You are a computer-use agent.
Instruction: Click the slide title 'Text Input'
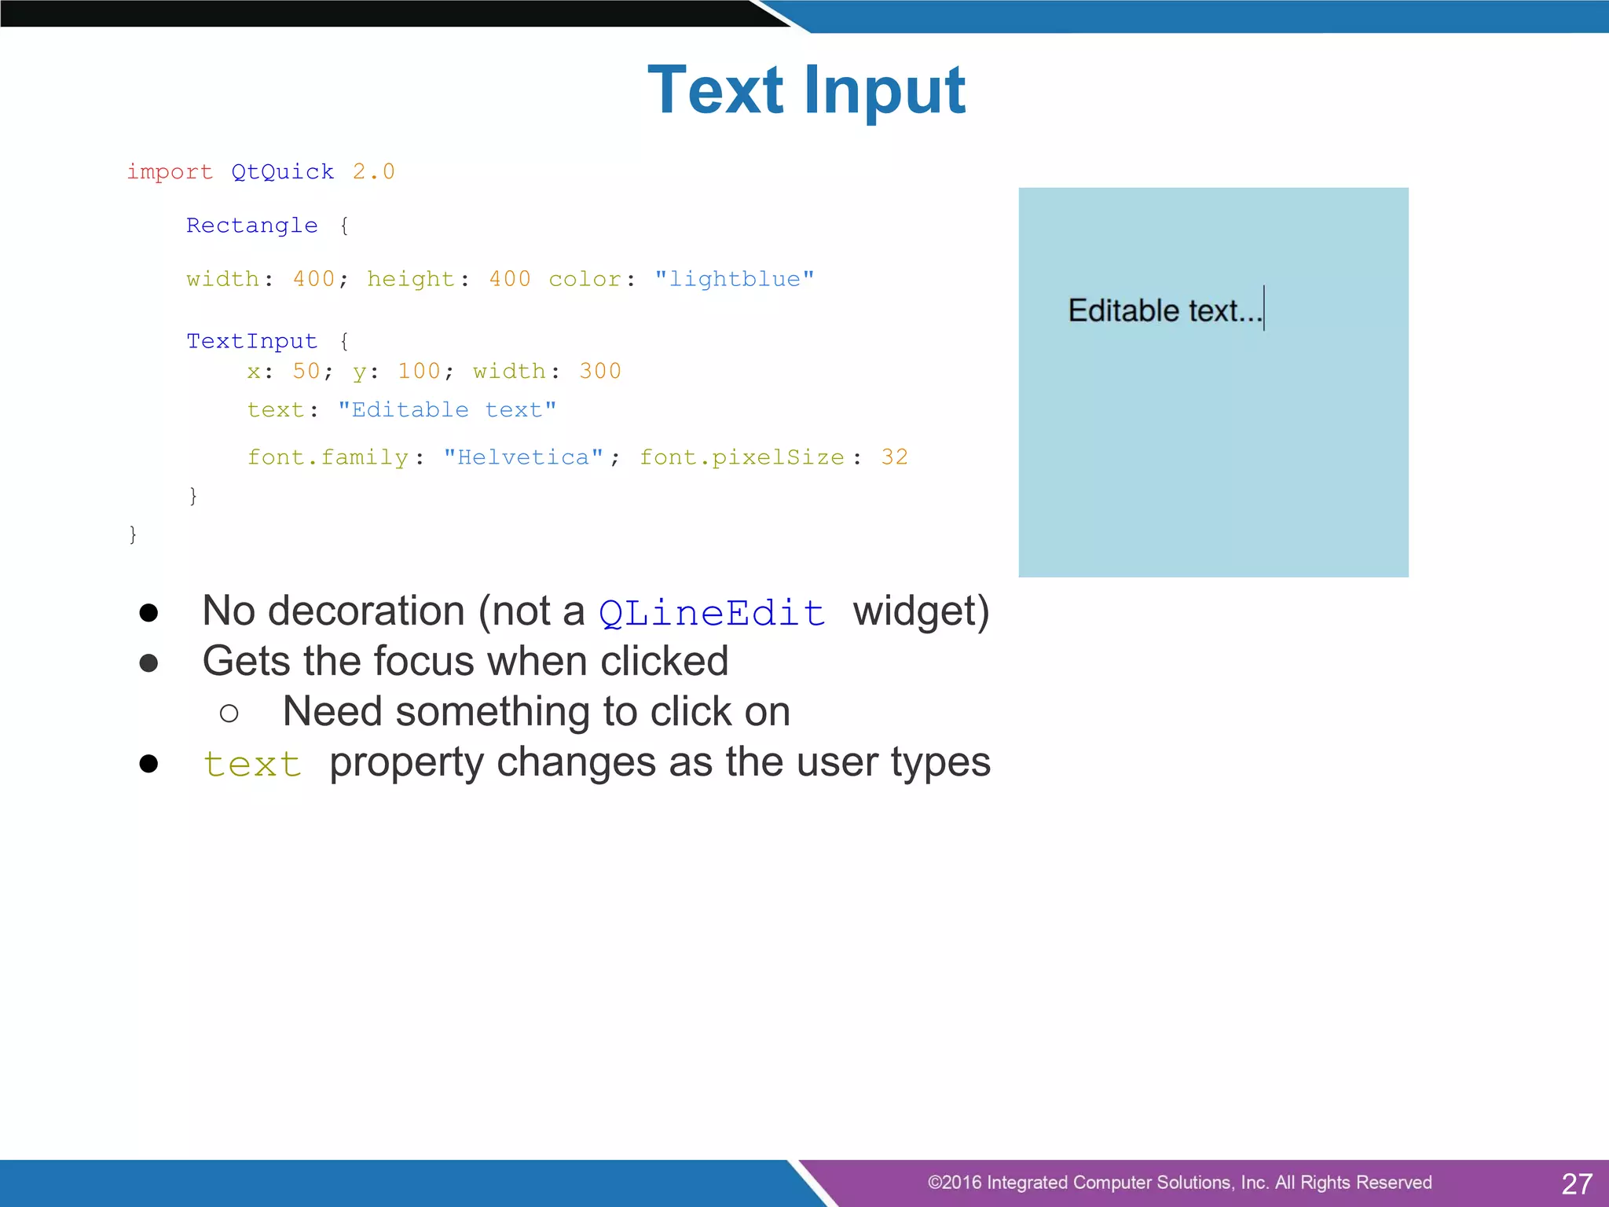point(806,90)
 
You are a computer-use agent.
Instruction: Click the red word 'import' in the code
point(170,172)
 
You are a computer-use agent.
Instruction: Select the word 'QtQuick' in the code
point(282,172)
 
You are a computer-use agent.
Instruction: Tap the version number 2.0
point(373,172)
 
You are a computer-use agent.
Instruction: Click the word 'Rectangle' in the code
point(251,226)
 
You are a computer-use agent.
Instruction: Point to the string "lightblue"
point(734,280)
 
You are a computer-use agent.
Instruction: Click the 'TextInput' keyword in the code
point(251,341)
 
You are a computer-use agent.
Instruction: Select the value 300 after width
point(599,371)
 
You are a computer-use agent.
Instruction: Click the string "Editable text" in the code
point(447,410)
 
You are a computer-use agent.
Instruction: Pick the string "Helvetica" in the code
point(523,457)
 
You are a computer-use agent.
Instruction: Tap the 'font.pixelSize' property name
point(742,457)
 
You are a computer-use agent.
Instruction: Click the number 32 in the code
point(894,457)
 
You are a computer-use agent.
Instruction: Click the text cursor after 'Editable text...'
point(1264,308)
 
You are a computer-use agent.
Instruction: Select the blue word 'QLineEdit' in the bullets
point(712,613)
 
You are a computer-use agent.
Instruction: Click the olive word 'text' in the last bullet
point(252,765)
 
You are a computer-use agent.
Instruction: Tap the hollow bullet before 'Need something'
point(229,714)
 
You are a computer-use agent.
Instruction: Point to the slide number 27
point(1576,1183)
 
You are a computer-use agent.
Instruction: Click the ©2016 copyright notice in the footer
point(1179,1183)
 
